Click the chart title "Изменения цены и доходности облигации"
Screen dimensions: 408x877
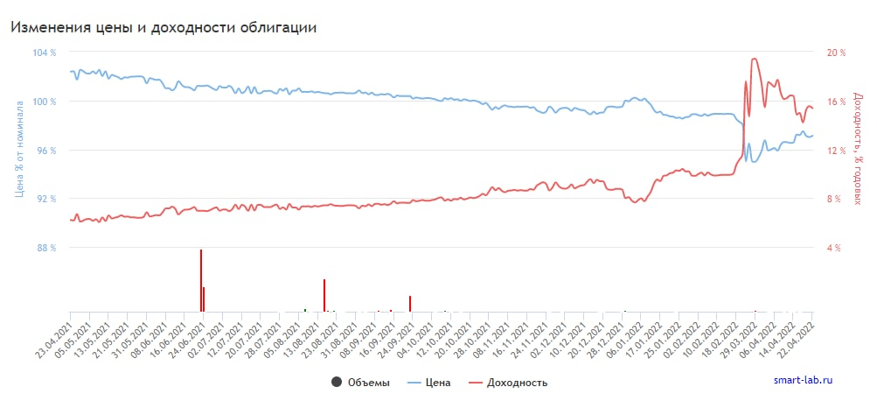(163, 27)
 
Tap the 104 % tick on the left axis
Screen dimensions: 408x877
(44, 53)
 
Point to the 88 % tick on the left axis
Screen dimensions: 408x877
(46, 248)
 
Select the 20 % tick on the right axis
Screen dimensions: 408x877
(837, 53)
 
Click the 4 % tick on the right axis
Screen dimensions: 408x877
(834, 248)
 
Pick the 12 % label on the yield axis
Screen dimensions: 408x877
(837, 151)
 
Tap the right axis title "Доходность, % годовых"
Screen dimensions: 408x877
(857, 150)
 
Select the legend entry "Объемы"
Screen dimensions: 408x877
(360, 383)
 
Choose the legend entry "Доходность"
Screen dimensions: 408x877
(508, 383)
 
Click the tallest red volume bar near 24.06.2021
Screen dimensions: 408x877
(201, 280)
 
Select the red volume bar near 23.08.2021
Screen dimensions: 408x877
(324, 295)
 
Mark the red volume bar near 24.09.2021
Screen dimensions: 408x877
(409, 303)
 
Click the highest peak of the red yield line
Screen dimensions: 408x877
(755, 59)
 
